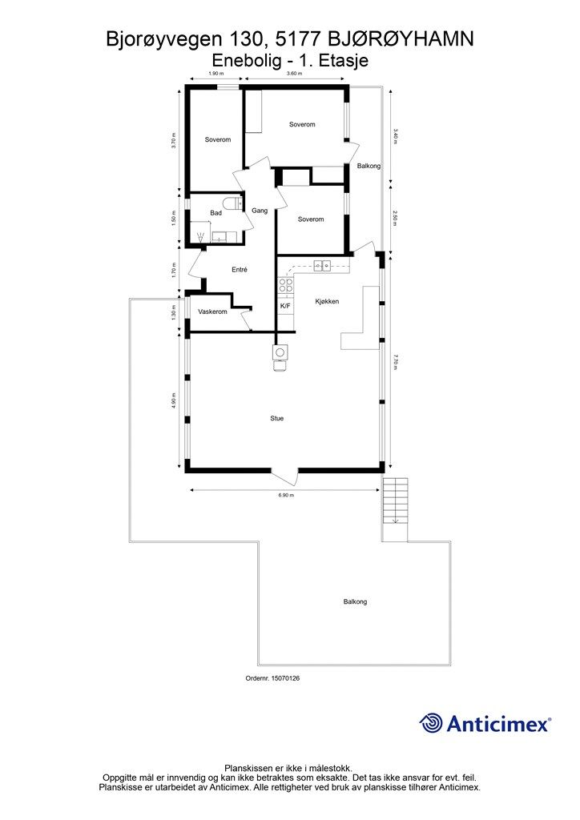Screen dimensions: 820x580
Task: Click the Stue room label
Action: click(276, 418)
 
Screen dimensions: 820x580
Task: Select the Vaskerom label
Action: click(213, 312)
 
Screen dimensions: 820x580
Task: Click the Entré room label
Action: click(240, 270)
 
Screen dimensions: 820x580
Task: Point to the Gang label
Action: click(259, 211)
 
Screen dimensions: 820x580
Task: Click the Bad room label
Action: click(215, 212)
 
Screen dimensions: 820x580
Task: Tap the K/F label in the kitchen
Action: click(284, 306)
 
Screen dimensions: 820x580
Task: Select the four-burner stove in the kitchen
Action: click(285, 287)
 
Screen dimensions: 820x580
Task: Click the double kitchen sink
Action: click(321, 266)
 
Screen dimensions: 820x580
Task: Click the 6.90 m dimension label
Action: click(286, 496)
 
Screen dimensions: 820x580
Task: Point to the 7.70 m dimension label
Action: click(395, 363)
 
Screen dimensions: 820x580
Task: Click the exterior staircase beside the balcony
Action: click(395, 500)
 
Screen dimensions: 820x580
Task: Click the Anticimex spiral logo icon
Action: click(431, 723)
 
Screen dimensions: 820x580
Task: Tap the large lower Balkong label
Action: click(355, 601)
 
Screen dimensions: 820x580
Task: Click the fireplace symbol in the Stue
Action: click(280, 352)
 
